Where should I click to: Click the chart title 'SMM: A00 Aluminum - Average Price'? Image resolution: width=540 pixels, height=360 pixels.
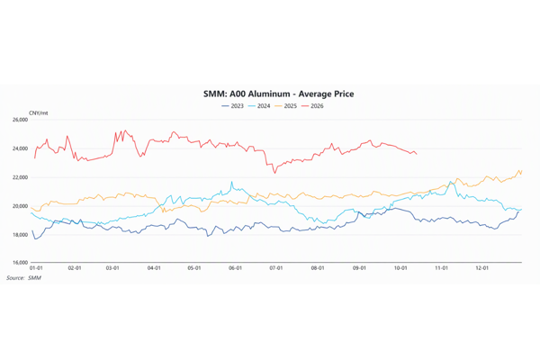click(x=278, y=94)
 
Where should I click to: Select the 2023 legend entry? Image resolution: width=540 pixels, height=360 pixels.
click(x=233, y=106)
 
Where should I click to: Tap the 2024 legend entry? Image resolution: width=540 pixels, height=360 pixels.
click(x=259, y=106)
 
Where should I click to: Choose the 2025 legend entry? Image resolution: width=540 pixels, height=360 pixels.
click(x=286, y=106)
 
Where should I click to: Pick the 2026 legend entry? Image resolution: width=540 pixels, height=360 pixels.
click(x=312, y=106)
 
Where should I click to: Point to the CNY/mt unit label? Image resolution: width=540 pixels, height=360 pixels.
click(x=38, y=113)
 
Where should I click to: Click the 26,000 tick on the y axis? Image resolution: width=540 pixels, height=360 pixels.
click(x=20, y=120)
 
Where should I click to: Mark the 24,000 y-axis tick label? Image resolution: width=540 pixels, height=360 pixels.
click(x=20, y=148)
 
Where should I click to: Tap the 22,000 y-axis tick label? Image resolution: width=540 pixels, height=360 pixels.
click(x=20, y=177)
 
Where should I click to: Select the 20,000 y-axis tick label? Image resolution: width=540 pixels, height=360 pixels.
click(x=20, y=206)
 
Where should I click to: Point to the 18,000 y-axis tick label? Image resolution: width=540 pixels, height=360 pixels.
click(x=20, y=235)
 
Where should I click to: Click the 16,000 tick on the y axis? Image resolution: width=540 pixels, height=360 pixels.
click(x=20, y=263)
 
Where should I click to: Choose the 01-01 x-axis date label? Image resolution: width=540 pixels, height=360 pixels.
click(x=36, y=268)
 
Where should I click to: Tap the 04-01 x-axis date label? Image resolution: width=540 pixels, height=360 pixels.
click(x=154, y=268)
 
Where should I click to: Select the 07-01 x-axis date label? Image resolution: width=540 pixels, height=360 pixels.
click(x=276, y=268)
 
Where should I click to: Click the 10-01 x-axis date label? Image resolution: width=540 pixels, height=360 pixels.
click(x=400, y=268)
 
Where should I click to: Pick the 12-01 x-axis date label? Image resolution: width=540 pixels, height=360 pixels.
click(x=481, y=268)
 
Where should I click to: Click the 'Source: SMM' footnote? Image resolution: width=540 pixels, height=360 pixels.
click(x=23, y=278)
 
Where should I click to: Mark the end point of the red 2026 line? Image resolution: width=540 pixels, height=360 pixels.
click(x=417, y=154)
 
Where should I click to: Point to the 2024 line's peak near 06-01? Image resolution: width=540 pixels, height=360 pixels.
click(x=232, y=182)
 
